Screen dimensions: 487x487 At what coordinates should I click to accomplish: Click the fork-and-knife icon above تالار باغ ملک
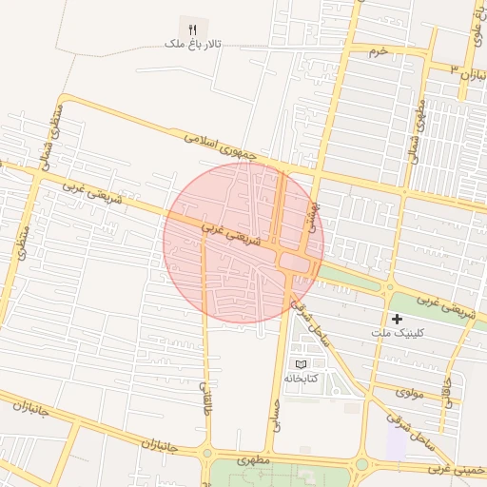(x=192, y=29)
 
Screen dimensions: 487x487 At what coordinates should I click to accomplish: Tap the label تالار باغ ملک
(x=192, y=45)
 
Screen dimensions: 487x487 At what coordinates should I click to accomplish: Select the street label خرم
(x=379, y=50)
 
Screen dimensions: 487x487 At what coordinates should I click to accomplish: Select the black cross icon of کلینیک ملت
(x=397, y=319)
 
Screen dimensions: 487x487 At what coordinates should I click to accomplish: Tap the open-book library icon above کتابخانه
(x=302, y=364)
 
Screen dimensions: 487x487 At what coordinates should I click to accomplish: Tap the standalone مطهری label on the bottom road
(x=255, y=461)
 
